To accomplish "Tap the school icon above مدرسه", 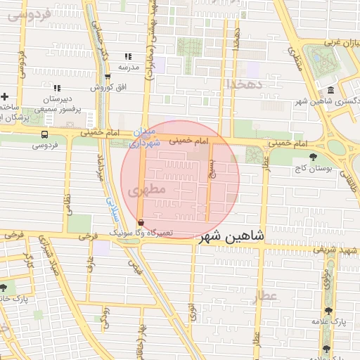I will [x=128, y=56].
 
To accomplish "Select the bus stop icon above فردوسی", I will [x=45, y=134].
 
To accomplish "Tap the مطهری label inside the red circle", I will [x=147, y=189].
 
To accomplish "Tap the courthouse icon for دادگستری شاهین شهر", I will [x=330, y=90].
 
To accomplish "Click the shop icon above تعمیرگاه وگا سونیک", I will [x=141, y=221].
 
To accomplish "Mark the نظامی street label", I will [x=67, y=203].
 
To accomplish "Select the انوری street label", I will [x=193, y=313].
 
